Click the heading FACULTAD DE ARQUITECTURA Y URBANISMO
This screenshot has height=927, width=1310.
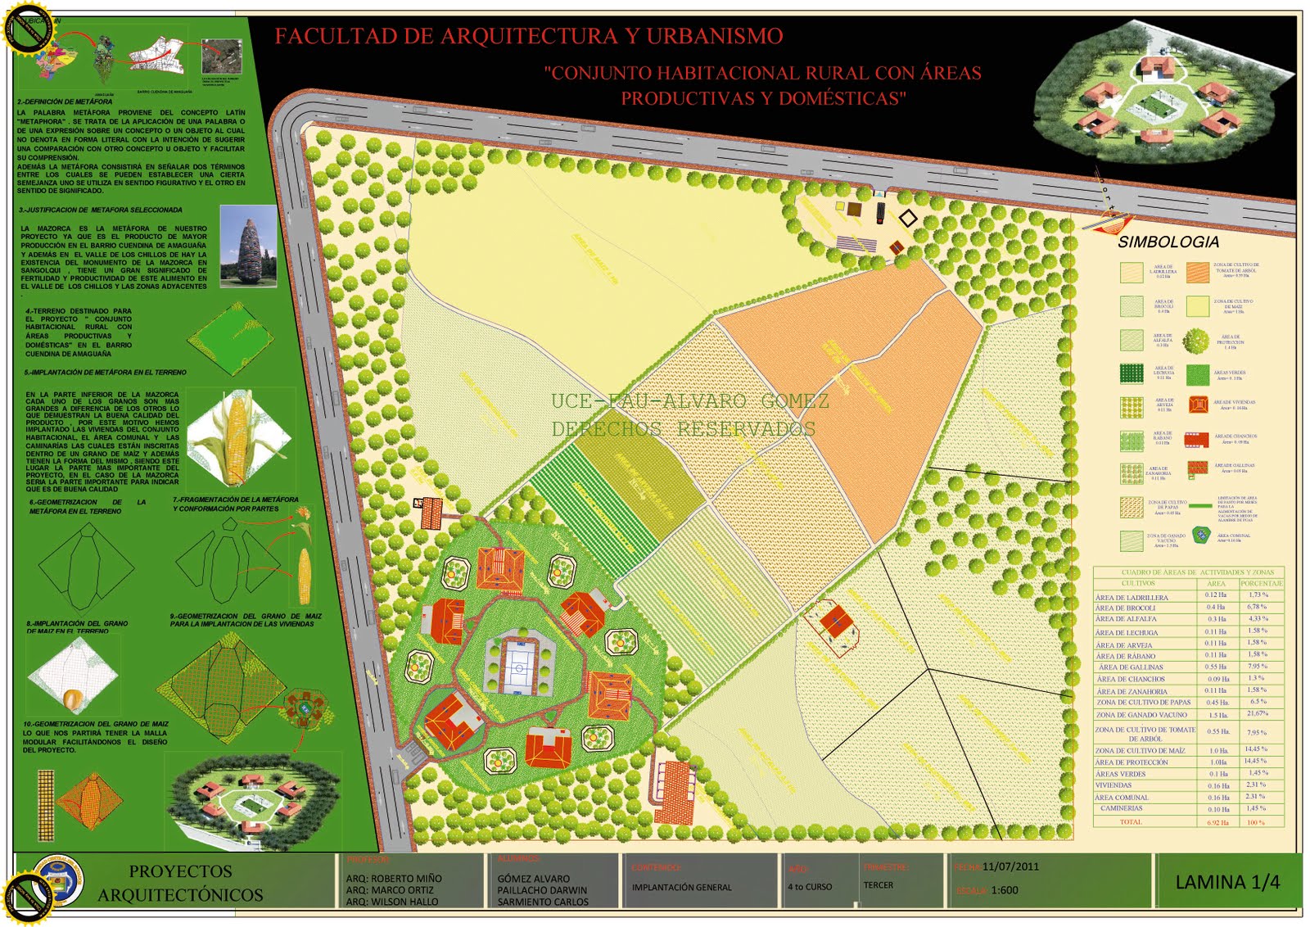(x=528, y=36)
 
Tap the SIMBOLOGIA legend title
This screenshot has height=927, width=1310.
(x=1168, y=242)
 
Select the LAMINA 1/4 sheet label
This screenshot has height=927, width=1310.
(x=1226, y=882)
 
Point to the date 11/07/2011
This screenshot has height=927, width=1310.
(x=1010, y=866)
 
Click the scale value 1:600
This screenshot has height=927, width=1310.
(x=1005, y=890)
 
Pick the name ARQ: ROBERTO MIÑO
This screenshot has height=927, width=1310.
(x=394, y=878)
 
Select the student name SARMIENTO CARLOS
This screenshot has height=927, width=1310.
(x=543, y=902)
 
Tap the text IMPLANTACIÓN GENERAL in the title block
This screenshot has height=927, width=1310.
(x=681, y=887)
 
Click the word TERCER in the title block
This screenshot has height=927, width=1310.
(x=879, y=884)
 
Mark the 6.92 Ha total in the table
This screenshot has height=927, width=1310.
(x=1217, y=822)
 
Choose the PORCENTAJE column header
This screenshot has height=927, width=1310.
(x=1261, y=583)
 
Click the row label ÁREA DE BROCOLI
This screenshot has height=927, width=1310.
(x=1125, y=608)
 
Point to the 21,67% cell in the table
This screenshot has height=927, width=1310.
(x=1257, y=713)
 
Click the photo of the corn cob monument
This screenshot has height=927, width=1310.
(x=260, y=246)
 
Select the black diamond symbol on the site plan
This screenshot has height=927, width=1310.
(x=908, y=218)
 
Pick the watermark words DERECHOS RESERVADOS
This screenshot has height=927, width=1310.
(x=683, y=429)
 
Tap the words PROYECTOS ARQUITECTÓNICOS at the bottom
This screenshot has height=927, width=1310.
(x=180, y=883)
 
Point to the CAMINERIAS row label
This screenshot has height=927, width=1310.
(x=1121, y=808)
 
